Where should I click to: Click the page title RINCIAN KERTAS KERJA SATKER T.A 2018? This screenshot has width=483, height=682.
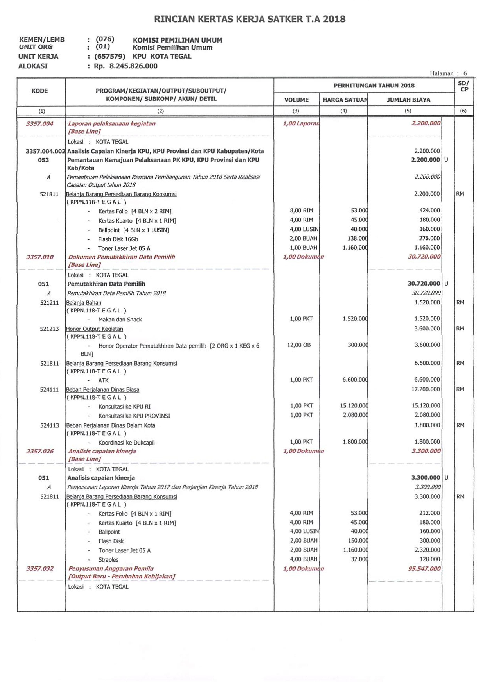tap(250, 19)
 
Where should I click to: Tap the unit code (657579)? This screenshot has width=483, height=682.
tap(110, 56)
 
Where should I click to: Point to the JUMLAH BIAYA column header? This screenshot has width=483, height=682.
tap(408, 100)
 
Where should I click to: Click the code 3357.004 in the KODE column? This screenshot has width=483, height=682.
tap(39, 124)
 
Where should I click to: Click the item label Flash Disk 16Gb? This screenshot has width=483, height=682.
tap(118, 239)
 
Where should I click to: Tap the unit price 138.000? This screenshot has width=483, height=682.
tap(357, 238)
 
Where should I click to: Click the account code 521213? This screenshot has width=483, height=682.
tap(49, 329)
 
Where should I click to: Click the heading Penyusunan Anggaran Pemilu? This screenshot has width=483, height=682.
tap(111, 569)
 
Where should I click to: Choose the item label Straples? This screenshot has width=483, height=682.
tap(108, 560)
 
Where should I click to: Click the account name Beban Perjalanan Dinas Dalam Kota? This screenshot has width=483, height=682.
tap(111, 425)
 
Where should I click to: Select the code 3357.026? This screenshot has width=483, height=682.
tap(39, 451)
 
